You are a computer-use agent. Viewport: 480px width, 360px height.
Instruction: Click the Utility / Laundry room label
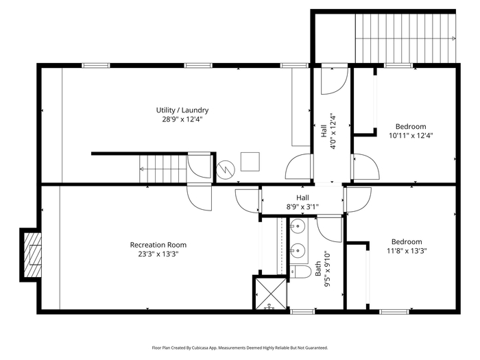182,110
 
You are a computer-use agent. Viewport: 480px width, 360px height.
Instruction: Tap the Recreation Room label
158,245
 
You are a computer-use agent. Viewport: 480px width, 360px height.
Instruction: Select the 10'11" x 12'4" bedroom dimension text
411,136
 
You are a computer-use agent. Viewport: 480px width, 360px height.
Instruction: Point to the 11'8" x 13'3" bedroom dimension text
407,251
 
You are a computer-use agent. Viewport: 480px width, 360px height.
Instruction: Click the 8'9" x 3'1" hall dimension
302,207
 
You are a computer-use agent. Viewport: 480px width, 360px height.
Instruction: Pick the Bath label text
318,269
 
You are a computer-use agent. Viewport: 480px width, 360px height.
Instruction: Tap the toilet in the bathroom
300,272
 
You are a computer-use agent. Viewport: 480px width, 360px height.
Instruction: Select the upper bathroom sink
297,226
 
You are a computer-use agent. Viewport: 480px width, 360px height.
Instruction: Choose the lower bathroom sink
297,251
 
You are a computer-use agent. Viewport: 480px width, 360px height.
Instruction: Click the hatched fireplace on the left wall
30,254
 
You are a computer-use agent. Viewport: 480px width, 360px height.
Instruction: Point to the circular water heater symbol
226,170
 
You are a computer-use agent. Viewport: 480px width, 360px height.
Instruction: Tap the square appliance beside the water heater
250,162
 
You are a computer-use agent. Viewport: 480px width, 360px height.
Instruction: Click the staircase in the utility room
163,169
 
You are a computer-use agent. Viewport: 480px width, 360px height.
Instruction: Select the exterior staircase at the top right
406,38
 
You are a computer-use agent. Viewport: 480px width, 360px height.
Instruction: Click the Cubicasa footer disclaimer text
240,348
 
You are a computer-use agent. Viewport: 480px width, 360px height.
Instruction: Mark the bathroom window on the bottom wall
302,311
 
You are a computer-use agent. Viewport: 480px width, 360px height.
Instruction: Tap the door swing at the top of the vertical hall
335,81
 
